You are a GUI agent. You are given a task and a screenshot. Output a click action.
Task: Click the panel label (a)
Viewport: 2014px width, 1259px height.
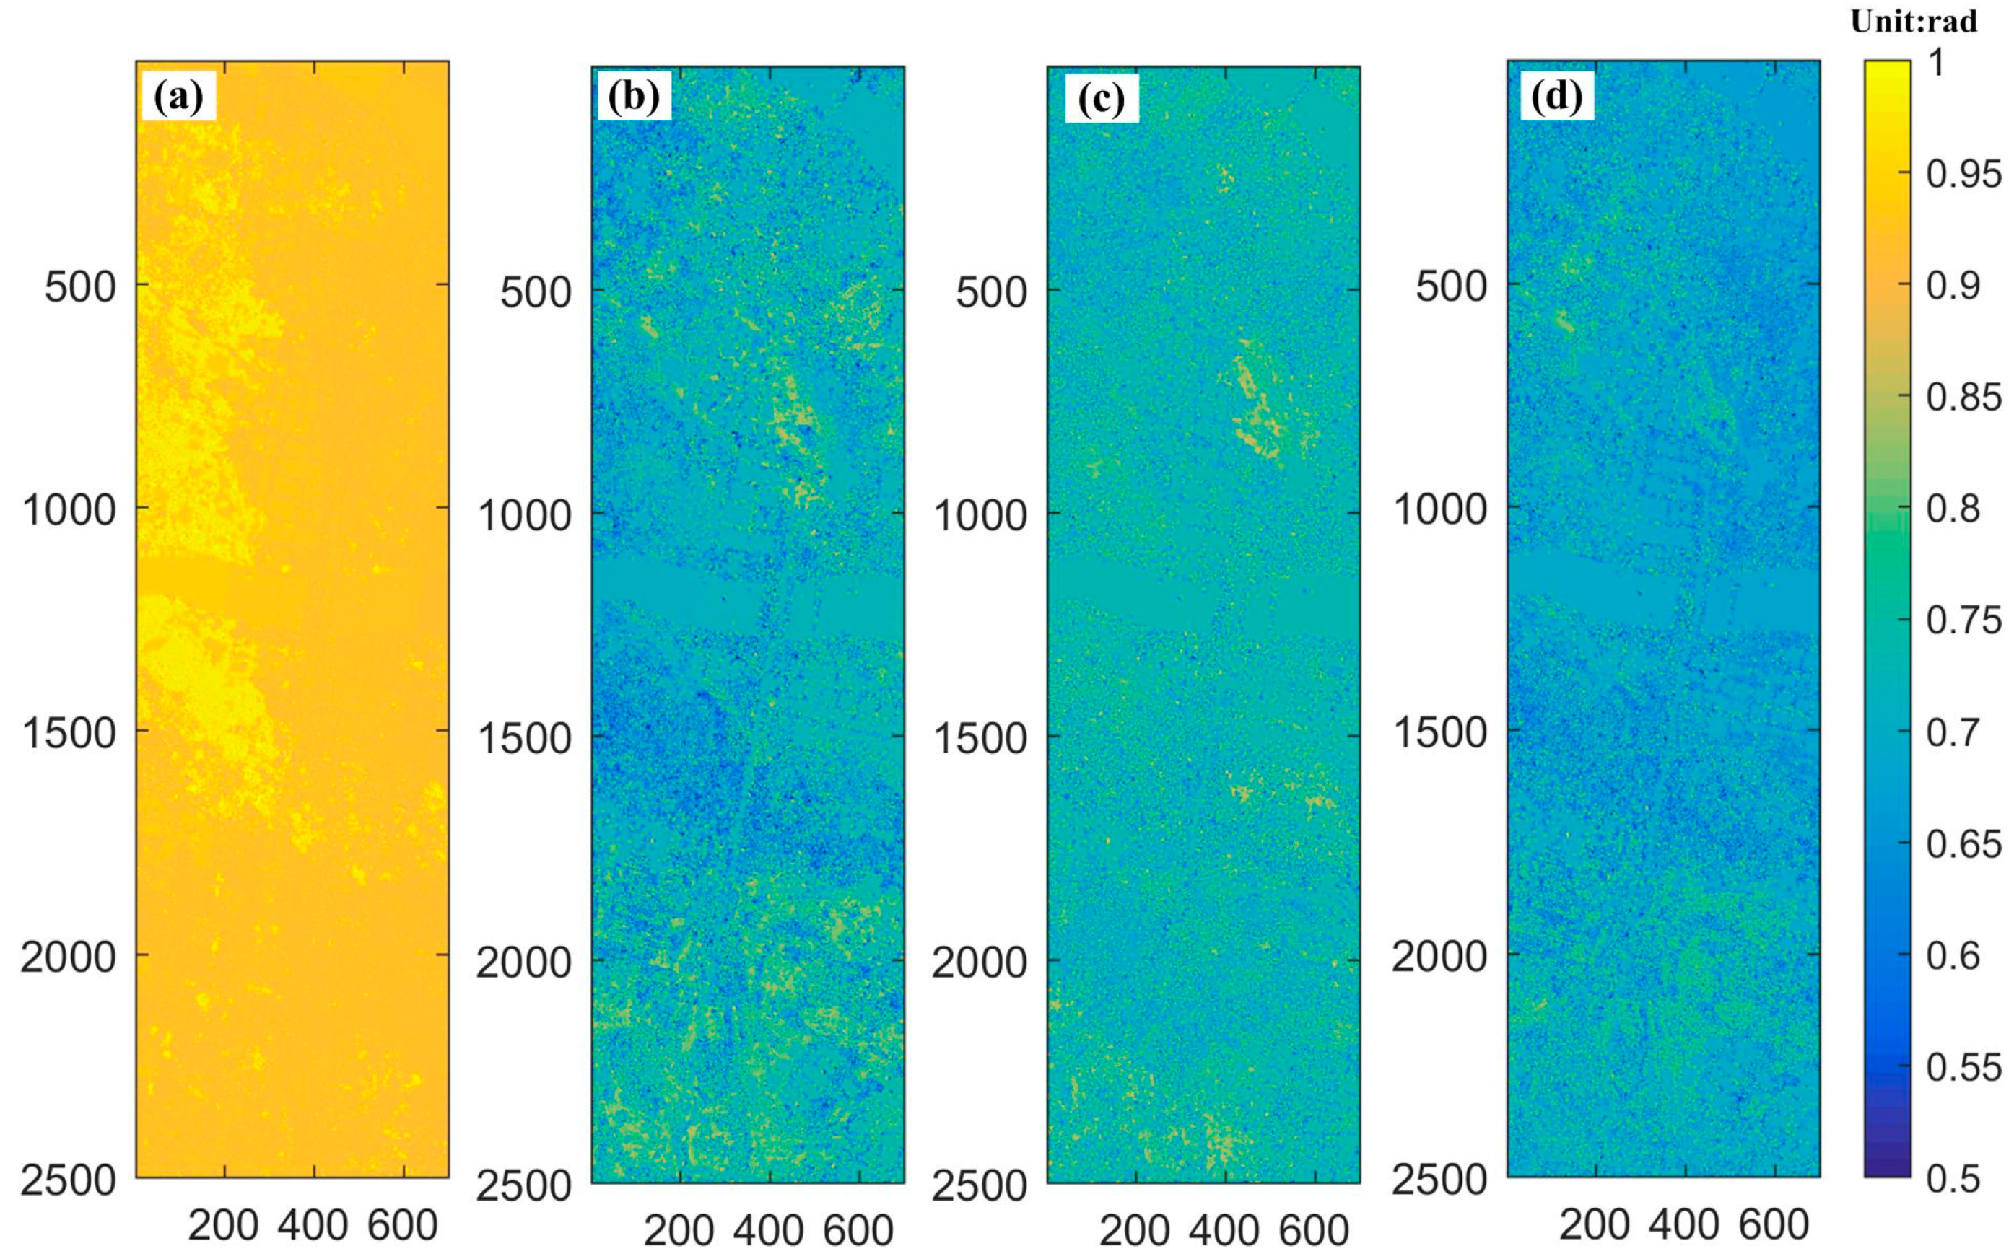click(178, 97)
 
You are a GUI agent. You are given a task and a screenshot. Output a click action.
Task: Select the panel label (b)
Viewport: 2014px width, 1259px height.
click(634, 97)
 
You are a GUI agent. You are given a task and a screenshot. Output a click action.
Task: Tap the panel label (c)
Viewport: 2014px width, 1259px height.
click(1101, 99)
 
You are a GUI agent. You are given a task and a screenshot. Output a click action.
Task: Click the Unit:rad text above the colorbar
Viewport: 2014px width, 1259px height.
click(1913, 22)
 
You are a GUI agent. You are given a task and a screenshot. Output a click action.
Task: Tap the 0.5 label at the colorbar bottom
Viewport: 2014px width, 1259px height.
click(1953, 1178)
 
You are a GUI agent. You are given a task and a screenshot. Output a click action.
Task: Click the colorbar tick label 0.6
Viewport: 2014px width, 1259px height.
click(1953, 955)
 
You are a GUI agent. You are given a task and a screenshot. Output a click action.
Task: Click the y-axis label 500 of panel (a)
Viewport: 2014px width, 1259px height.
click(80, 287)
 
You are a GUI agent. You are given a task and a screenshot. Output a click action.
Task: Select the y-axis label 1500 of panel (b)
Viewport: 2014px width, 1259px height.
click(524, 739)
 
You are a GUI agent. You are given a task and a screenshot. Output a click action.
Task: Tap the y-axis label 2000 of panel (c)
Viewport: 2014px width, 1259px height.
click(980, 962)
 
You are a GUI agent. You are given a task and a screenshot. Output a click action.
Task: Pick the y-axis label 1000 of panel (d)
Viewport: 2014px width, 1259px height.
click(1439, 509)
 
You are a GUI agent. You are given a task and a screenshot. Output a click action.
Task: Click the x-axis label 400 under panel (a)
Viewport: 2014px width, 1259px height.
click(313, 1225)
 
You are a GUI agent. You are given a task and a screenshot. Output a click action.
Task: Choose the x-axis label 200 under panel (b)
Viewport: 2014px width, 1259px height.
click(679, 1231)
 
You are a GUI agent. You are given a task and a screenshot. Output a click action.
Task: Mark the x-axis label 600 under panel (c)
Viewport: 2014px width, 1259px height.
click(1315, 1231)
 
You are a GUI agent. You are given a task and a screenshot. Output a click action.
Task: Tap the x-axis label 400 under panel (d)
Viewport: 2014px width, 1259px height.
click(1684, 1225)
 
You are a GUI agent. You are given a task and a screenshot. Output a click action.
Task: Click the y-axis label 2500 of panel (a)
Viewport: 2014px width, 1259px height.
click(69, 1180)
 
